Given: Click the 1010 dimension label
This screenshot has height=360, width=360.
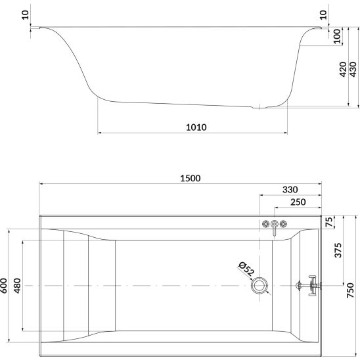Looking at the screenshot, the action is coord(196,127).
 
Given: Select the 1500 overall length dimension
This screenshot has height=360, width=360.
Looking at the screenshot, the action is coord(190,178).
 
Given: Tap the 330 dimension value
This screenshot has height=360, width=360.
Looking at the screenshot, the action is coord(290,190).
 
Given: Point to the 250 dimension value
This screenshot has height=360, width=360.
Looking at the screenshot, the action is coord(298,202).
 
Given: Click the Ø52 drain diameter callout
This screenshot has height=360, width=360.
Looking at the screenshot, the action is coord(246,269).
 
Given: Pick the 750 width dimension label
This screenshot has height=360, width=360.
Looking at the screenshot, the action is coord(350,290).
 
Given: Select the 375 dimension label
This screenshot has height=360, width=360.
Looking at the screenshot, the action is coord(338,250).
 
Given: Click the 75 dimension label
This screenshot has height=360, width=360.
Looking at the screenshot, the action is coord(329,222).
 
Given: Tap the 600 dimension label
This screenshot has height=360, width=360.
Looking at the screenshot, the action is coord(4,286).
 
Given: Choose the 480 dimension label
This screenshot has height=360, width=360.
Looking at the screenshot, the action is coord(17,286).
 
